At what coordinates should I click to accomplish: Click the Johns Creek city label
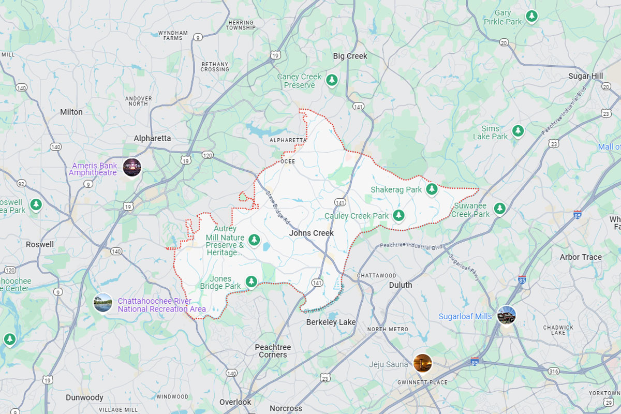[x=311, y=233]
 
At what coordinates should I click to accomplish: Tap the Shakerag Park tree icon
[x=432, y=189]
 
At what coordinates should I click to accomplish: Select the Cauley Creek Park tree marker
[x=398, y=215]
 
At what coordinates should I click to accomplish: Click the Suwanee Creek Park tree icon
[x=499, y=208]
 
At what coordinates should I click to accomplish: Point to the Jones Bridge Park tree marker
[x=251, y=281]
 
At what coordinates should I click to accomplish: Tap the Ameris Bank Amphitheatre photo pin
[x=132, y=167]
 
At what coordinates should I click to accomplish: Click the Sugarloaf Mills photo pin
[x=506, y=315]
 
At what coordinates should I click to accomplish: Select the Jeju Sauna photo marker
[x=423, y=363]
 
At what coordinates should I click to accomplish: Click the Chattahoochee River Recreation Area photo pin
[x=103, y=303]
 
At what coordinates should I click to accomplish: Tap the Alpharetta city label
[x=152, y=138]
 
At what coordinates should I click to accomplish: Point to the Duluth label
[x=401, y=285]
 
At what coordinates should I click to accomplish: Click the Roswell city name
[x=40, y=244]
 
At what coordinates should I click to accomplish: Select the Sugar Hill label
[x=586, y=76]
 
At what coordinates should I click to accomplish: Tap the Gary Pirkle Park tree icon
[x=531, y=17]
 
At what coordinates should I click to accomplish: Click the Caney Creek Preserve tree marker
[x=332, y=80]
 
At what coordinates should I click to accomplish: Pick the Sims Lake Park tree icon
[x=517, y=131]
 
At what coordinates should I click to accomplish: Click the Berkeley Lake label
[x=331, y=322]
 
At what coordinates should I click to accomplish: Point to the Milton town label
[x=71, y=112]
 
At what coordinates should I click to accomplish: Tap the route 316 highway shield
[x=554, y=371]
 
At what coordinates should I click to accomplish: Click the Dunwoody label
[x=84, y=397]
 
